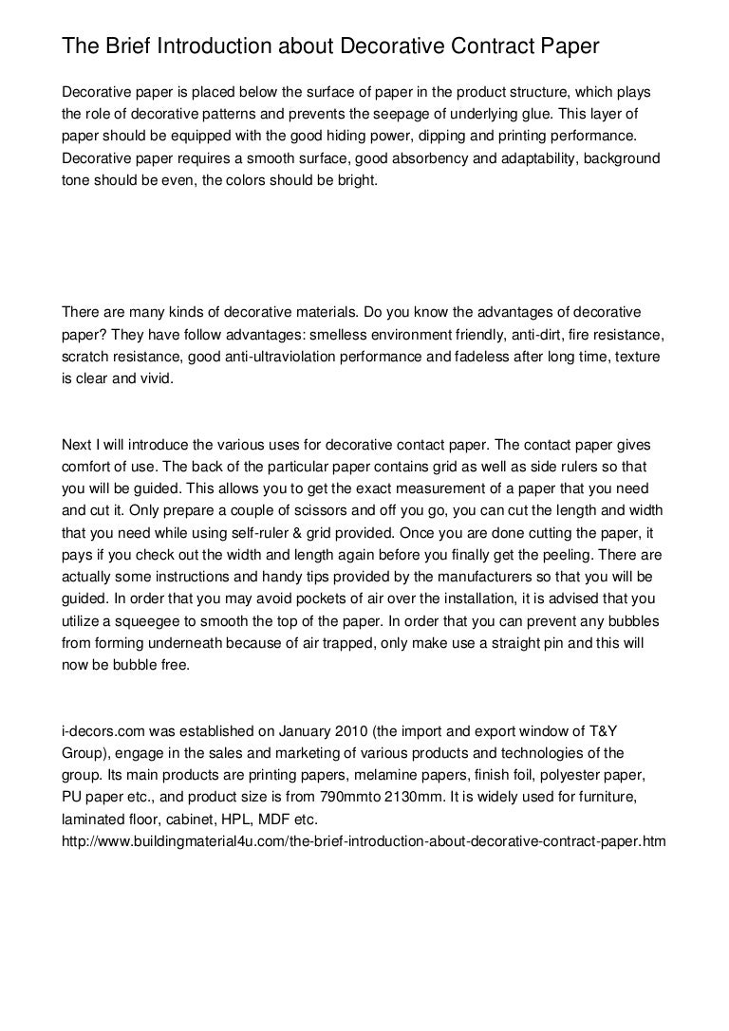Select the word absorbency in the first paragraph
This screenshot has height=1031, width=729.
[402, 157]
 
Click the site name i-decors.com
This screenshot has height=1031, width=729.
[102, 733]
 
